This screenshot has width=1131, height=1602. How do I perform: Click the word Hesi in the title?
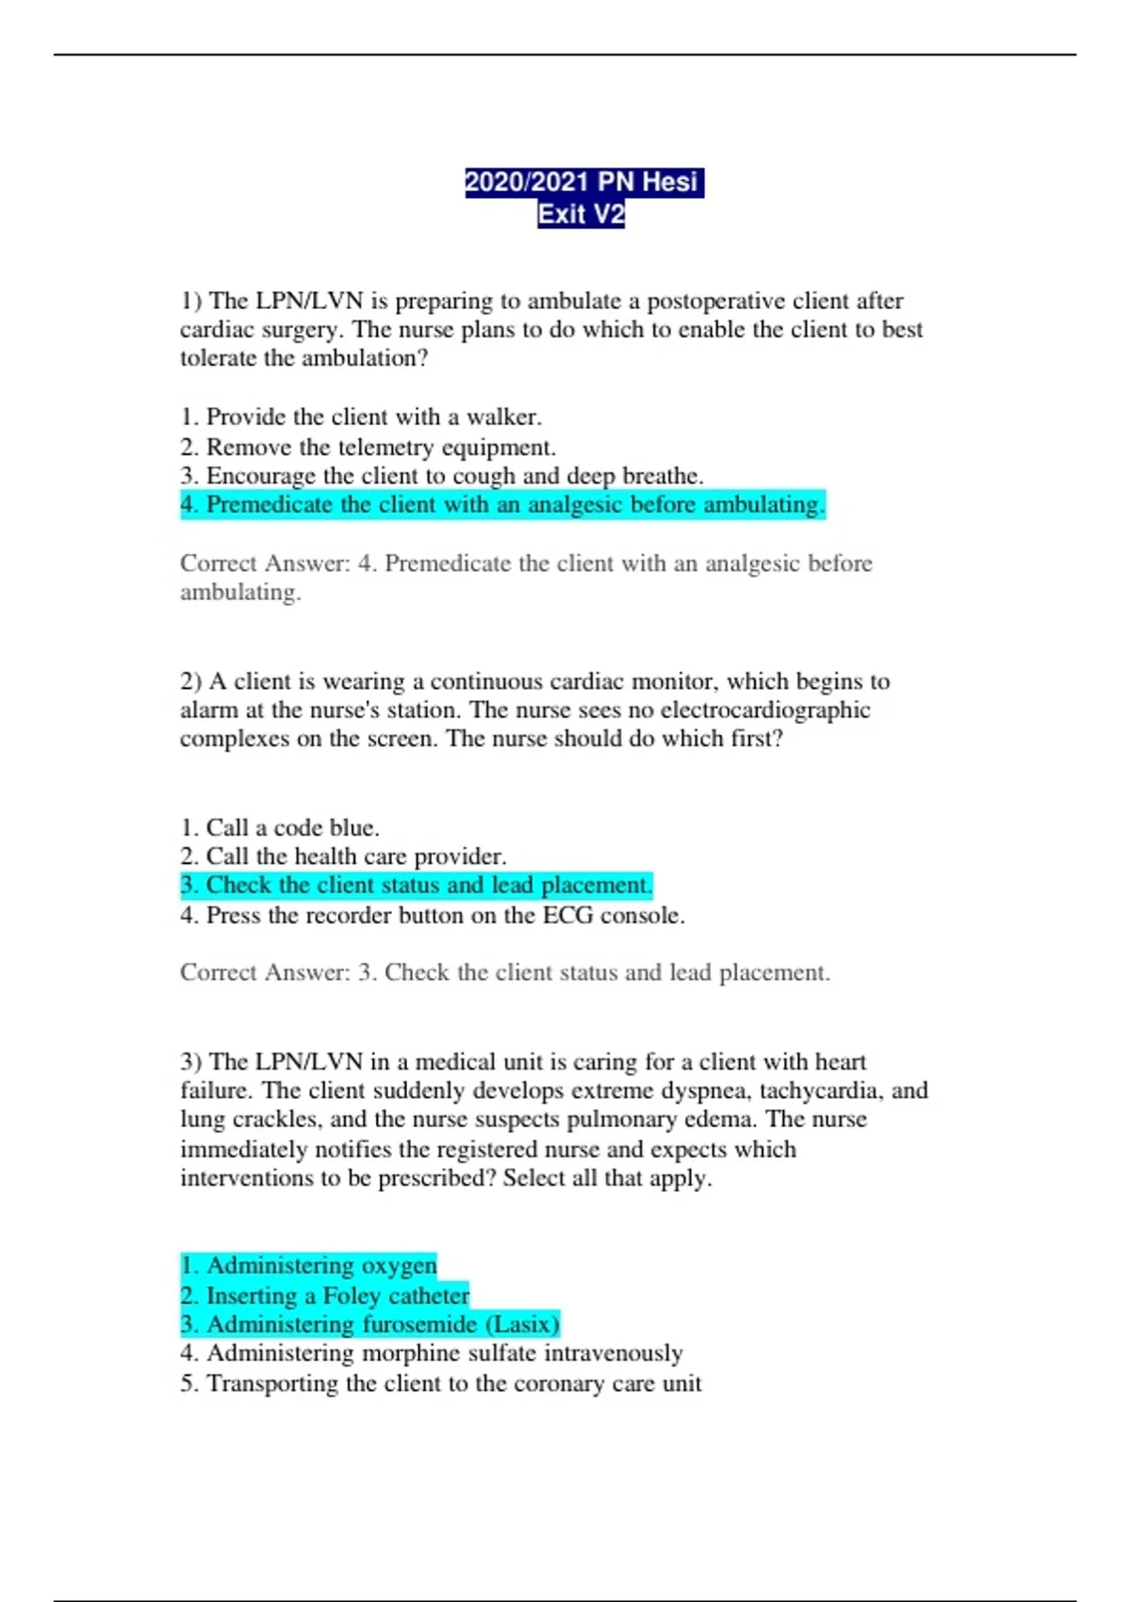click(669, 182)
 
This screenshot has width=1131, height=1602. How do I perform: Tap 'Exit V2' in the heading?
click(581, 215)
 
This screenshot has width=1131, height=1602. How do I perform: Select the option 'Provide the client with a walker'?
click(361, 417)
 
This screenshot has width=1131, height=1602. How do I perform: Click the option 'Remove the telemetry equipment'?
click(368, 447)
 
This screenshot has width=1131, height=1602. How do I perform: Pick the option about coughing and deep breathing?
click(441, 476)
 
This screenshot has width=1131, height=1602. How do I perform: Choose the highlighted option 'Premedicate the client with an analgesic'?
click(502, 505)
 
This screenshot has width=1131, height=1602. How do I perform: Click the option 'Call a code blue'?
click(279, 828)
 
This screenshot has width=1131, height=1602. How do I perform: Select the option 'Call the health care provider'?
click(343, 857)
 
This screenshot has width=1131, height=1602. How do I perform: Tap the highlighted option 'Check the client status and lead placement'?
click(416, 886)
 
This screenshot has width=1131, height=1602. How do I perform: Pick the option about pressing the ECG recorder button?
click(432, 915)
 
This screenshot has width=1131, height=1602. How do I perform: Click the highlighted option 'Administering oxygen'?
click(308, 1266)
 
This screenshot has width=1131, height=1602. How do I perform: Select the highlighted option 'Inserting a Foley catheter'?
click(324, 1296)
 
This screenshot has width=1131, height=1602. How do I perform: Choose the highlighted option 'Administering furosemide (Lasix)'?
click(369, 1325)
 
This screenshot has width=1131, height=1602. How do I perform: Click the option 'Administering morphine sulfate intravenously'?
click(431, 1353)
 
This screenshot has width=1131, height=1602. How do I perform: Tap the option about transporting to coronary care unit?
click(440, 1383)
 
